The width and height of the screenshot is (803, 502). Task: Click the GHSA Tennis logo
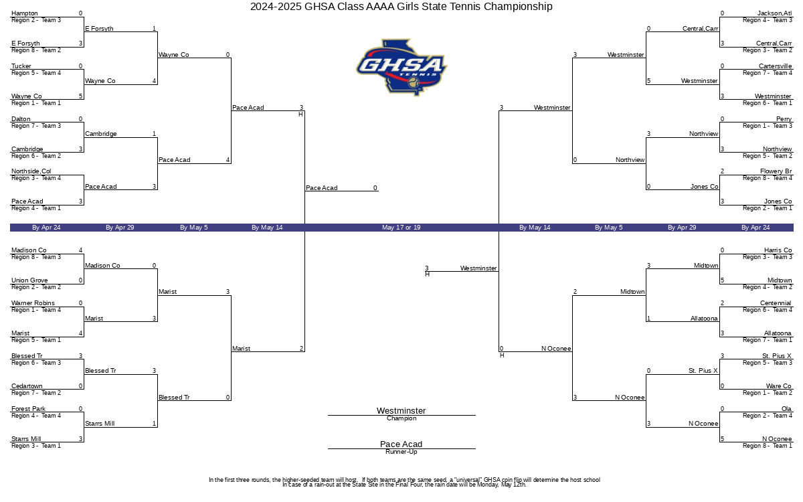(401, 67)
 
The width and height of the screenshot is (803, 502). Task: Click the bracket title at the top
(401, 7)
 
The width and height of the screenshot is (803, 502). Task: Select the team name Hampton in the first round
(25, 13)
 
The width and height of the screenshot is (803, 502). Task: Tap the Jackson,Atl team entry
(774, 13)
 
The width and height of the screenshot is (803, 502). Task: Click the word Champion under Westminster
(401, 418)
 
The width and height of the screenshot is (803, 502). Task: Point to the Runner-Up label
(401, 452)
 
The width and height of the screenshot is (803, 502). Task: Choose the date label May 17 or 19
(401, 228)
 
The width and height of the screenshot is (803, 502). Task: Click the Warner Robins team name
(33, 303)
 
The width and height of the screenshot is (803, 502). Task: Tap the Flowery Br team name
(776, 171)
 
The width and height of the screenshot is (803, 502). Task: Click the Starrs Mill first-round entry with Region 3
(27, 439)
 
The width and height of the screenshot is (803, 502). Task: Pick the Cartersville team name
(775, 66)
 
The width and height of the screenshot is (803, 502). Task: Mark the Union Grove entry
(29, 280)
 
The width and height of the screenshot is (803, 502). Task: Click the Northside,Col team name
(31, 171)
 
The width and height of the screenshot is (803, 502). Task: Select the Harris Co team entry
(778, 250)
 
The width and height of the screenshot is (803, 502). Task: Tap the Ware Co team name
(778, 386)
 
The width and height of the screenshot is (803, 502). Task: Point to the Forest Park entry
(29, 409)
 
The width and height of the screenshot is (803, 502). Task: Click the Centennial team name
(776, 303)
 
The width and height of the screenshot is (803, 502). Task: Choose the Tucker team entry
(21, 66)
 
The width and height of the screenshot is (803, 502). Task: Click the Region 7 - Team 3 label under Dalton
(36, 126)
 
